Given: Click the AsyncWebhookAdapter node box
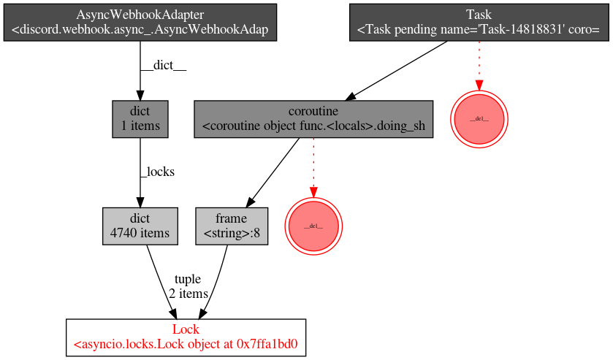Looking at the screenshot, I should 140,23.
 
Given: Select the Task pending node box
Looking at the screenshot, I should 478,23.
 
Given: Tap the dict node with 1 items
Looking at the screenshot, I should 140,119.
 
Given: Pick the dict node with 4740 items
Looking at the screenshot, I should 140,226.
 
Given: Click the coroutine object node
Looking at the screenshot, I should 313,119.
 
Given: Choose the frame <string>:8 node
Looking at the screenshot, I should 231,226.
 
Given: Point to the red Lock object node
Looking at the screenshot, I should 186,337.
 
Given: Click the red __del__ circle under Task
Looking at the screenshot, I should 479,118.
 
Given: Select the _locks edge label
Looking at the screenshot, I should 157,172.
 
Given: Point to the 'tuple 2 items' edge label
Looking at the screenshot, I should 188,286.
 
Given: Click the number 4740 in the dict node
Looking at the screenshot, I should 125,234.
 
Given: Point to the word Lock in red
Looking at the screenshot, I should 186,329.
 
